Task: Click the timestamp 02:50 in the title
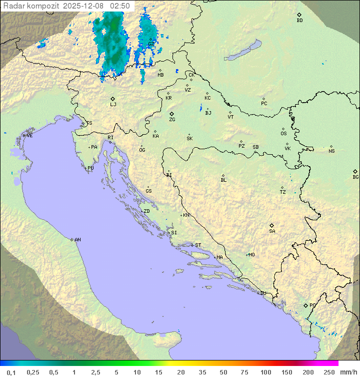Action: click(120, 6)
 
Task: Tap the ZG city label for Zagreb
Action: click(172, 120)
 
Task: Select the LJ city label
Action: click(113, 104)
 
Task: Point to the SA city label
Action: click(272, 231)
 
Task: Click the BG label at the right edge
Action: click(355, 177)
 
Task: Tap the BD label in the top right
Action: click(299, 21)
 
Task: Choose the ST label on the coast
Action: click(198, 245)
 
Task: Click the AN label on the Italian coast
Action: click(77, 240)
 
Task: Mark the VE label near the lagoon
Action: click(29, 136)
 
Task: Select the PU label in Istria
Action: click(90, 168)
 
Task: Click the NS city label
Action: click(331, 151)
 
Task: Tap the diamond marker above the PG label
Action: click(305, 305)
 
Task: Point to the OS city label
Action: click(283, 134)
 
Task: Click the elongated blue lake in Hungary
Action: click(243, 51)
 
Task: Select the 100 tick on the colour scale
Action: click(265, 372)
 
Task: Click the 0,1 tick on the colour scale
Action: click(11, 372)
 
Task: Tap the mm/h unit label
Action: click(346, 372)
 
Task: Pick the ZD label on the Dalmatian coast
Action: click(146, 211)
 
